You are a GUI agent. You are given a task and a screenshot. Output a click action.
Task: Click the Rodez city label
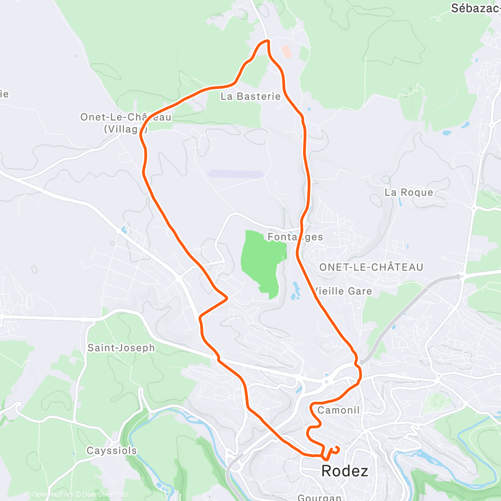click(344, 471)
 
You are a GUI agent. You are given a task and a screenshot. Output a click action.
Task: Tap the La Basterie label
click(250, 96)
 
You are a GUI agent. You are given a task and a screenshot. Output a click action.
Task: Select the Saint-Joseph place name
click(121, 347)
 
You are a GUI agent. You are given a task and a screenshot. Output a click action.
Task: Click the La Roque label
click(409, 192)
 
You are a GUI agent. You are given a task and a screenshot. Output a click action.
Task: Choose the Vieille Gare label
click(343, 291)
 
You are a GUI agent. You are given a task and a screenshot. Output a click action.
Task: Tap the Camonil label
click(339, 410)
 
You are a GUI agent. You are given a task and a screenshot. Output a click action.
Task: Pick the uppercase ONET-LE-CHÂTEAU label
click(371, 267)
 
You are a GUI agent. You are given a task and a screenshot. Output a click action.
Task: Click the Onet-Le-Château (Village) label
click(126, 123)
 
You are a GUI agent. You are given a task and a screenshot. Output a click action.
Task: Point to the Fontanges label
click(296, 236)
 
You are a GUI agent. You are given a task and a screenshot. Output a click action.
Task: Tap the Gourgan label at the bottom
click(319, 497)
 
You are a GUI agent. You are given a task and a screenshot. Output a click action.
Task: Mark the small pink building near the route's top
click(286, 51)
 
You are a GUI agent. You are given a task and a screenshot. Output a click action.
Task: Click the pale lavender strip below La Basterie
click(235, 173)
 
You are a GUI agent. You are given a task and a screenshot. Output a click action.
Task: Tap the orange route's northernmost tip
click(266, 41)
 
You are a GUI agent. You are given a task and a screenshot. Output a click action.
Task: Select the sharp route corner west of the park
click(227, 297)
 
